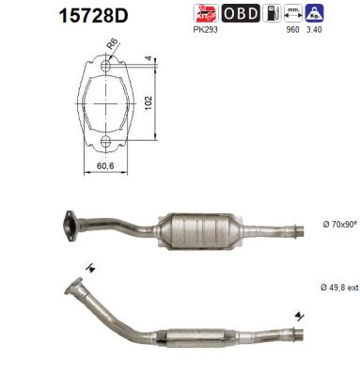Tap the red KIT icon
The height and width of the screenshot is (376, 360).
pyautogui.click(x=205, y=13)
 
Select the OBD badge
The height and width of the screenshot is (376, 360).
pyautogui.click(x=240, y=13)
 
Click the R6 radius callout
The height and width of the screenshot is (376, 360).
pyautogui.click(x=112, y=45)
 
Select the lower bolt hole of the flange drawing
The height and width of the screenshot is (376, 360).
pyautogui.click(x=105, y=143)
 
